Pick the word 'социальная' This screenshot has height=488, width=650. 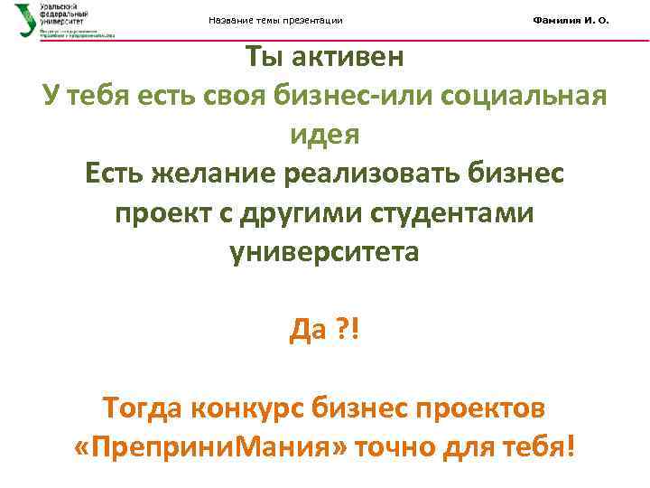tap(532, 97)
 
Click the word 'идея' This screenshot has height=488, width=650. tap(324, 135)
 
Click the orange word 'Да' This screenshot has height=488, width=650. tap(307, 331)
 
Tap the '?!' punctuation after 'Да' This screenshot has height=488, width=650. tap(348, 331)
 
